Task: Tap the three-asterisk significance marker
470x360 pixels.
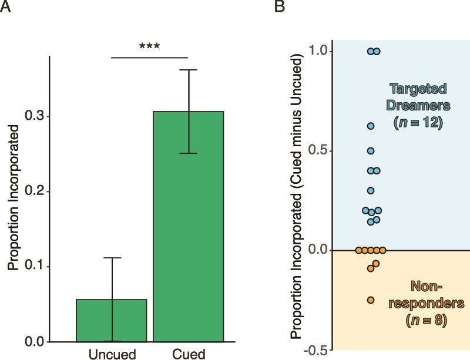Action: click(x=149, y=46)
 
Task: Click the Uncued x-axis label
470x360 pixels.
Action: click(x=112, y=354)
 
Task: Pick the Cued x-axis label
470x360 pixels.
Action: click(x=189, y=354)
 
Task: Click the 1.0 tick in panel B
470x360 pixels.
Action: click(x=318, y=52)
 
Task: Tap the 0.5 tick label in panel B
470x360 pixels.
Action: click(x=318, y=151)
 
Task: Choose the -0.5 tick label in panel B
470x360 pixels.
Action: click(x=316, y=350)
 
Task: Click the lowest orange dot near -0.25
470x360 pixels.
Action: click(x=371, y=300)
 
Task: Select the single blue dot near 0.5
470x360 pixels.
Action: click(x=371, y=151)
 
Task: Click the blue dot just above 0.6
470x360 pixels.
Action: click(x=371, y=126)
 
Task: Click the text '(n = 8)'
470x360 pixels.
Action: click(x=427, y=321)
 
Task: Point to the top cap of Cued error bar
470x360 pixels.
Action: click(x=189, y=70)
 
